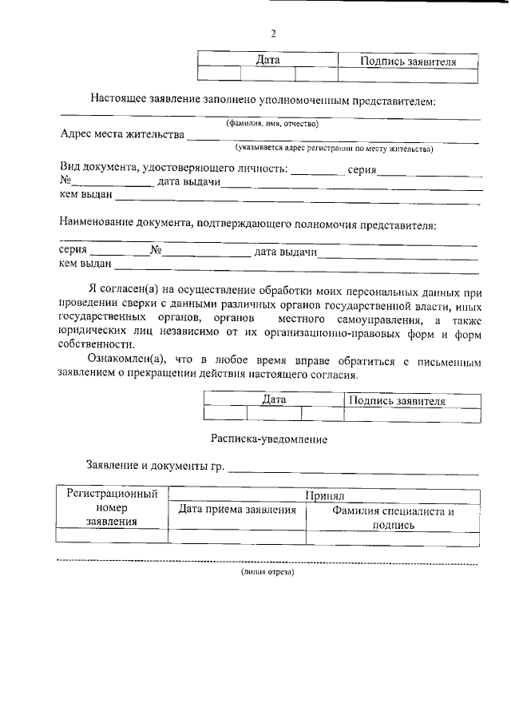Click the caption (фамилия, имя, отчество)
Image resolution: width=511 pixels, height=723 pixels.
(x=272, y=123)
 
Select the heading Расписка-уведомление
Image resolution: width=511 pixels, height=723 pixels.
(x=269, y=439)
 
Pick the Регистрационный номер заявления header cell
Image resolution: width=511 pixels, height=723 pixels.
(x=112, y=508)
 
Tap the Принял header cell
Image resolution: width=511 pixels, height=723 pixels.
(x=323, y=496)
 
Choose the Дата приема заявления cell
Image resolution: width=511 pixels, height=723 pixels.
(x=237, y=510)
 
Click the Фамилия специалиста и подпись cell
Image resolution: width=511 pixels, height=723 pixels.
(x=393, y=518)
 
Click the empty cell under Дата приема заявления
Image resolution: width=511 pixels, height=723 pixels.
(x=237, y=538)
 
